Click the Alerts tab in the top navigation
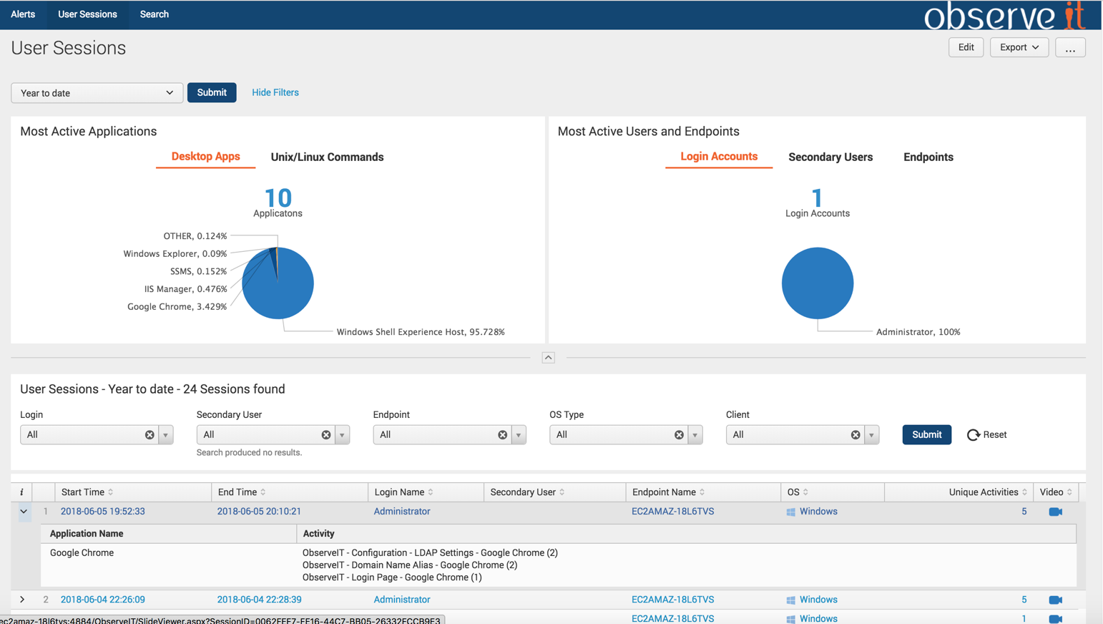coord(23,14)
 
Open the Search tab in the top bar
coord(154,14)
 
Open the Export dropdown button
coord(1019,47)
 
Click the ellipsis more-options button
coord(1069,48)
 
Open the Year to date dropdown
coord(97,93)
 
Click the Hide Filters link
coord(275,92)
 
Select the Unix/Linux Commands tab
coord(327,157)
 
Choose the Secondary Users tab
coord(830,157)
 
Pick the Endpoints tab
coord(928,157)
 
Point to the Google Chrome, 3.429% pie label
coord(177,307)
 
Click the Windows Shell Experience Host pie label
coord(420,332)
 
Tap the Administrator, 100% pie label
coord(918,332)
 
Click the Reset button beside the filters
coord(987,435)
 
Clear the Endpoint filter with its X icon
coord(502,435)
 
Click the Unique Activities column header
coord(983,492)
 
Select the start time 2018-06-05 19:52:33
coord(102,512)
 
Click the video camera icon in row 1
coord(1055,512)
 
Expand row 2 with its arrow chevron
coord(22,600)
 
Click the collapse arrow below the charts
coord(548,358)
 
